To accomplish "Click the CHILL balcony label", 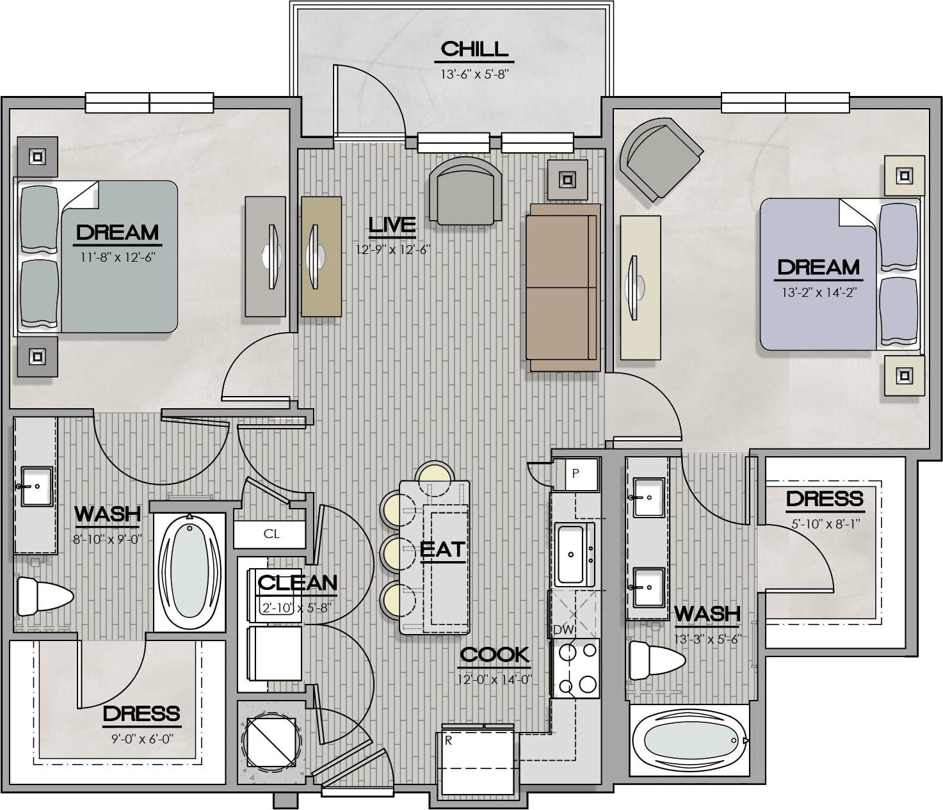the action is [x=474, y=49].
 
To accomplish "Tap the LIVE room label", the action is [x=392, y=225].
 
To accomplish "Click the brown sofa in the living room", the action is [x=563, y=287].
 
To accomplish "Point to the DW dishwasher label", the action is [x=563, y=630].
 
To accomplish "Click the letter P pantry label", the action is [x=576, y=473].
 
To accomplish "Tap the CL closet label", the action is [x=271, y=534].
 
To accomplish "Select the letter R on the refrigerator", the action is [x=449, y=741].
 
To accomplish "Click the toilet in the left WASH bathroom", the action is [x=44, y=596].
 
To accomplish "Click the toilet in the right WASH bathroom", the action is [x=657, y=660].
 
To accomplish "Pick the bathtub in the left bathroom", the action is [x=189, y=572].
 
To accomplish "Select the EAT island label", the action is [x=442, y=550].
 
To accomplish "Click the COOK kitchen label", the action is [x=494, y=655].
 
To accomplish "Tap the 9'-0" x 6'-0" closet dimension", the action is [x=142, y=739].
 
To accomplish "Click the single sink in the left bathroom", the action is [x=36, y=486].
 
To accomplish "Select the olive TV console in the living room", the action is [x=321, y=257].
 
